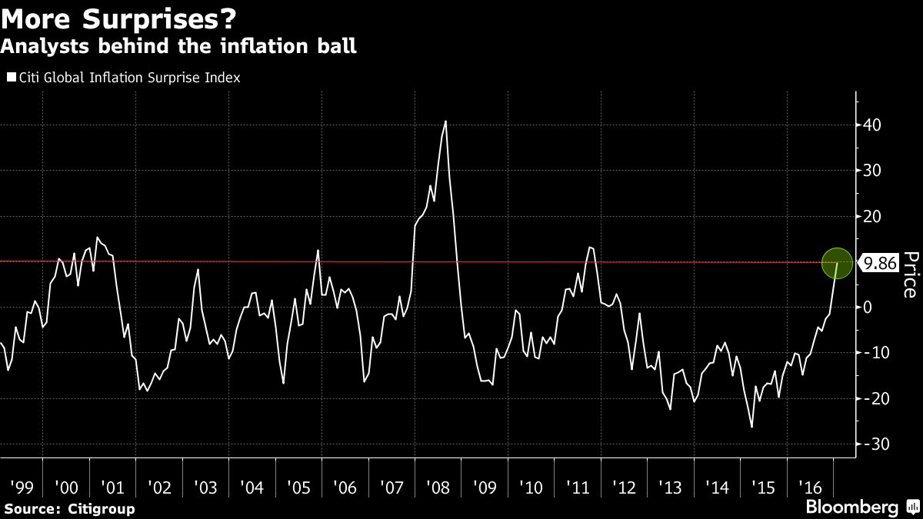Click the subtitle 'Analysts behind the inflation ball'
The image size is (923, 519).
(x=178, y=47)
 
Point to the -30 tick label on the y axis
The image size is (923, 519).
(x=876, y=444)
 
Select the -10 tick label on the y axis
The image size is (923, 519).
(x=876, y=353)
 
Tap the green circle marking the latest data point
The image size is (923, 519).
(x=838, y=263)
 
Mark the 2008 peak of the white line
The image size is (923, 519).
(x=445, y=121)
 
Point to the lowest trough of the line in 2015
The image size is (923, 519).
(x=751, y=427)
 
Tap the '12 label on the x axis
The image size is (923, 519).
(x=623, y=487)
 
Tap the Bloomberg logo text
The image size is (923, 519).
(x=851, y=507)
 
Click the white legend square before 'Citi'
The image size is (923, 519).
(x=11, y=78)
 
